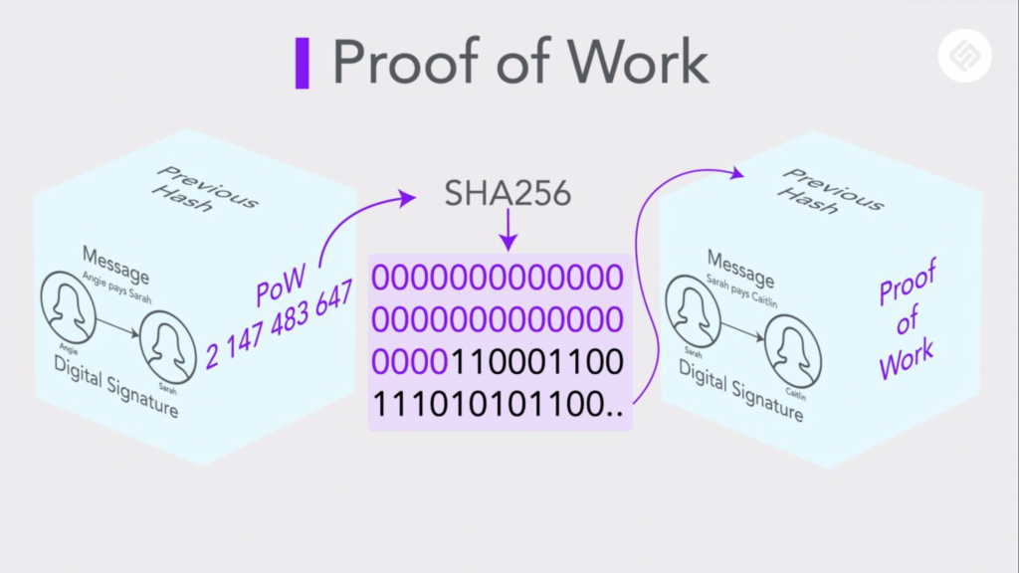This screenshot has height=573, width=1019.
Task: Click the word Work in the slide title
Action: coord(638,63)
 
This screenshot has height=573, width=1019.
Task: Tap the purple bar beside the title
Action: coord(303,63)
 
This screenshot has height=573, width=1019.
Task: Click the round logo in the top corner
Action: coord(965,56)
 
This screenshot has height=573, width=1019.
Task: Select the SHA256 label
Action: coord(508,193)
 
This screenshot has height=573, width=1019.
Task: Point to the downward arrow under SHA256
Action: coord(509,231)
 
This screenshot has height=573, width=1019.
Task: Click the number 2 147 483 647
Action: coord(280,324)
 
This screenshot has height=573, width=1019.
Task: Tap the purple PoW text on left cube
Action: coord(281,286)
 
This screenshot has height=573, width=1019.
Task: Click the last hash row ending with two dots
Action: coord(498,404)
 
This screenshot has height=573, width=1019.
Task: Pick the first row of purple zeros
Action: coord(498,278)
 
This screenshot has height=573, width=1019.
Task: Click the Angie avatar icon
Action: coord(68,307)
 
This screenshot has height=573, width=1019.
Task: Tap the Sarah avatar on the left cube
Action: coord(167,347)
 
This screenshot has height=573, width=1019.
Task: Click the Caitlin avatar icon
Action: coord(793,351)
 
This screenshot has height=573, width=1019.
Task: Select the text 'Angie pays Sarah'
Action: coord(116,287)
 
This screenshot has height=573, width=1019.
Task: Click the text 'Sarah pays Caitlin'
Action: coord(741,291)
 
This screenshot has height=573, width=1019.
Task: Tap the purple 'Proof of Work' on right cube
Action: coord(908,318)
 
